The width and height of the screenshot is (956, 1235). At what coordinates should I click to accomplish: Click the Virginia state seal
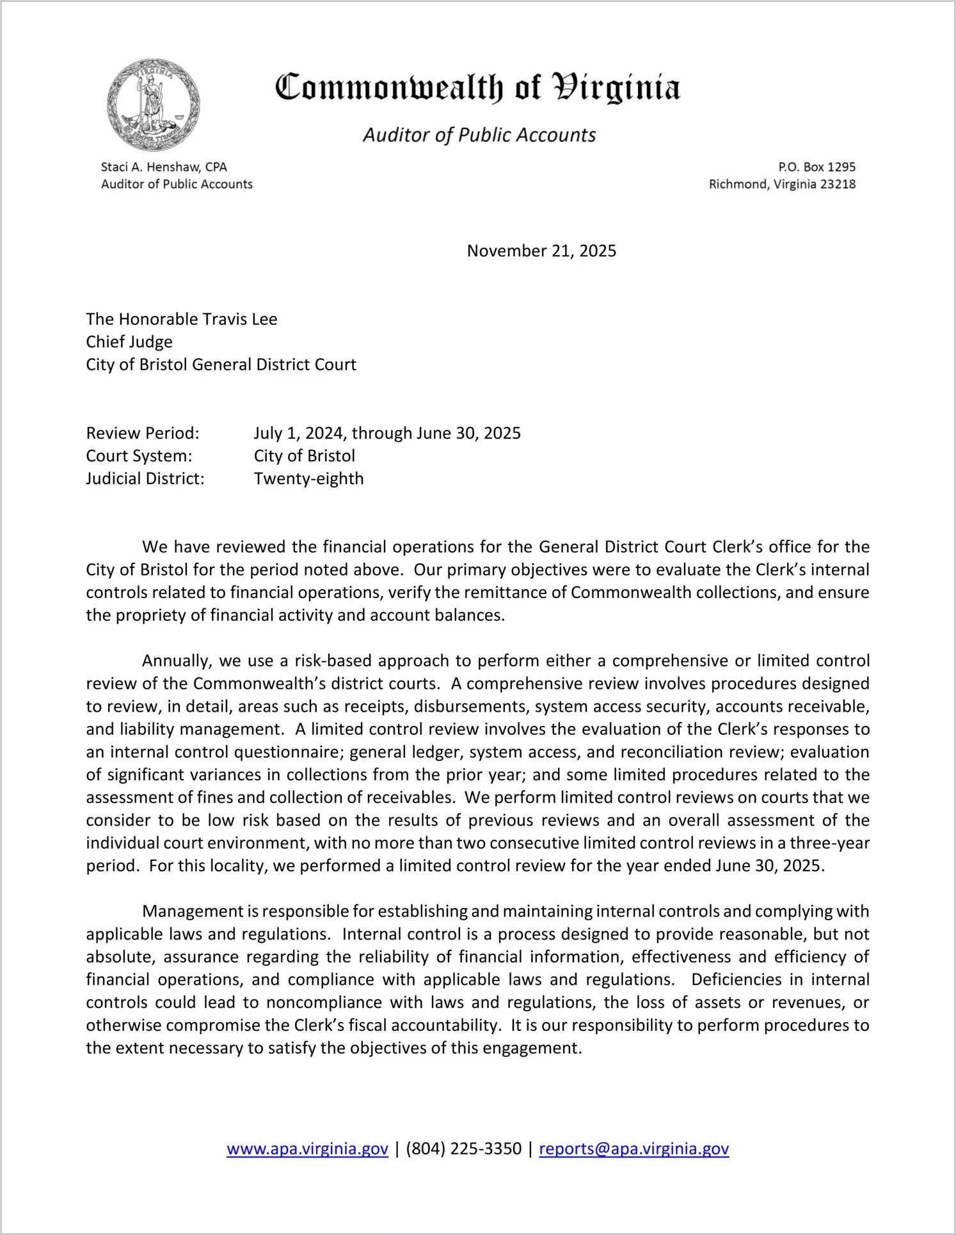154,105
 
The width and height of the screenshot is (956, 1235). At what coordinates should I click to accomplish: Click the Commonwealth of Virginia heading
477,88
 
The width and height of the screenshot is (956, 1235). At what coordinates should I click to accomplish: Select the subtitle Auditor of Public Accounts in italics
479,135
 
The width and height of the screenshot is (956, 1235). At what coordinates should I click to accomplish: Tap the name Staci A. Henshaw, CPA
164,167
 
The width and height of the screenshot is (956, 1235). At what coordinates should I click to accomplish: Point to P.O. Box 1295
817,167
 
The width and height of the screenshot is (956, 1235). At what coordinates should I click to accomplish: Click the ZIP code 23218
838,184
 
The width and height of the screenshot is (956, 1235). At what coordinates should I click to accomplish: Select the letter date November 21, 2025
541,251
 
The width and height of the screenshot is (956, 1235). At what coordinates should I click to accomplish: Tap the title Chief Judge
129,342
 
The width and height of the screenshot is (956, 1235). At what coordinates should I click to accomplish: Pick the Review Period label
143,433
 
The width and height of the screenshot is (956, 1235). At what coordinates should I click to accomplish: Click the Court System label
139,456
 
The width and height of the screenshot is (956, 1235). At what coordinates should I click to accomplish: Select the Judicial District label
145,478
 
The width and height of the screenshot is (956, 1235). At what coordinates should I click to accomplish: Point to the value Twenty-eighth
308,478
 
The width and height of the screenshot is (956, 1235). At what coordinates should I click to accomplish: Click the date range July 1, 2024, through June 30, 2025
387,433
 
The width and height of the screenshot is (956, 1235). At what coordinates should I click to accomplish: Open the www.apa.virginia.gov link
307,1149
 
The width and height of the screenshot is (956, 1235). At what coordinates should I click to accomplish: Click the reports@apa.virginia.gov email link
633,1149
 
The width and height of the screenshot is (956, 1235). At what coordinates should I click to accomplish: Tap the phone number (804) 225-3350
463,1149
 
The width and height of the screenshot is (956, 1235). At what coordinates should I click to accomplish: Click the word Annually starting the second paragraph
176,661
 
